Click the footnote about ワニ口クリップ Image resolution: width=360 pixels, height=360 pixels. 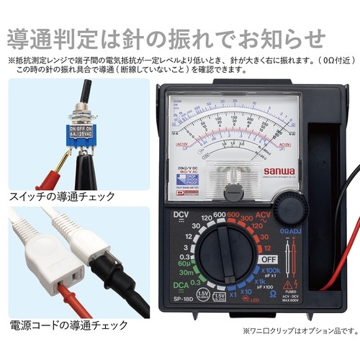[299, 331]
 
